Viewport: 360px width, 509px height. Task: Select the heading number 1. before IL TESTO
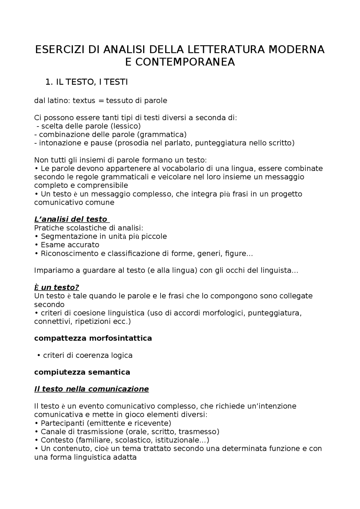coord(49,82)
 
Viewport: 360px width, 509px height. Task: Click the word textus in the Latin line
coord(84,101)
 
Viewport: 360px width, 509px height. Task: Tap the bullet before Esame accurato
coord(36,245)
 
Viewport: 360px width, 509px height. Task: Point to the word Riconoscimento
coord(69,254)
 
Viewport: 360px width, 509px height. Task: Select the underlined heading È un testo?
coord(57,287)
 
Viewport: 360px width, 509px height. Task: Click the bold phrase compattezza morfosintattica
coord(93,338)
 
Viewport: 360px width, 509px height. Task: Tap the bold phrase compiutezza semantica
coord(82,372)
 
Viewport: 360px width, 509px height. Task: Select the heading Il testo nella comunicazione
coord(91,389)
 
